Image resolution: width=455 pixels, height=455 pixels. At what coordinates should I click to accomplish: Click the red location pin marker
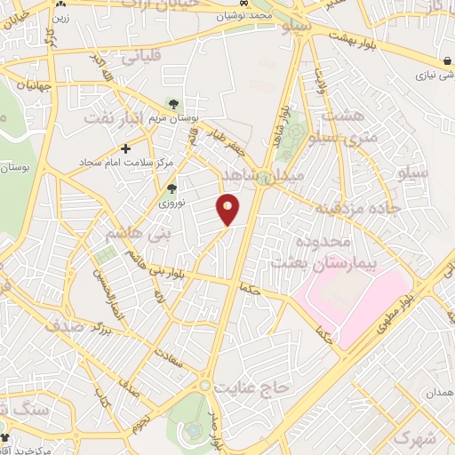[x=228, y=209]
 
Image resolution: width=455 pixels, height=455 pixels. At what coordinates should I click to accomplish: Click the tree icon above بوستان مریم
[x=172, y=104]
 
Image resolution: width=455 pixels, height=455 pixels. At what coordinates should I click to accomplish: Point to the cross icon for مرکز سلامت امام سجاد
[x=126, y=148]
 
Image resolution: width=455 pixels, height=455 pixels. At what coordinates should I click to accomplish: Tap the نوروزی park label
[x=172, y=204]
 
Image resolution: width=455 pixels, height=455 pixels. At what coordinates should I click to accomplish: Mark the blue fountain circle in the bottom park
[x=192, y=430]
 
